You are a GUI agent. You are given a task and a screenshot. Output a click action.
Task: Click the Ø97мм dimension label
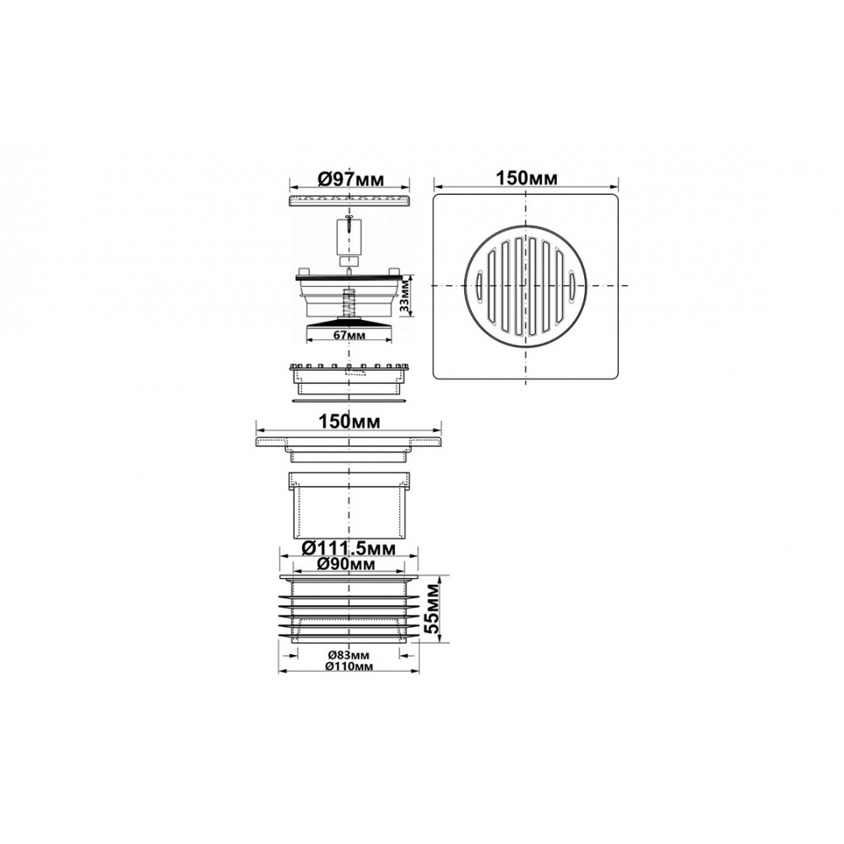350,179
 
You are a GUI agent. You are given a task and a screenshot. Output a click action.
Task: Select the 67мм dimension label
349,335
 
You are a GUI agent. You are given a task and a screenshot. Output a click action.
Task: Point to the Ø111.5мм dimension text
349,549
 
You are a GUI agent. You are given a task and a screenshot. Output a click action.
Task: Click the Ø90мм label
346,564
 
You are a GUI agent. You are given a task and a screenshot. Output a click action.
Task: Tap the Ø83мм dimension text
349,655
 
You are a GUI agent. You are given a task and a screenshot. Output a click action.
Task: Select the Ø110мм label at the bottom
349,667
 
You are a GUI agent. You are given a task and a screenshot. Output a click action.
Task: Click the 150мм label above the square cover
526,178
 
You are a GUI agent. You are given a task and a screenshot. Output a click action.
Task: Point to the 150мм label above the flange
350,421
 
